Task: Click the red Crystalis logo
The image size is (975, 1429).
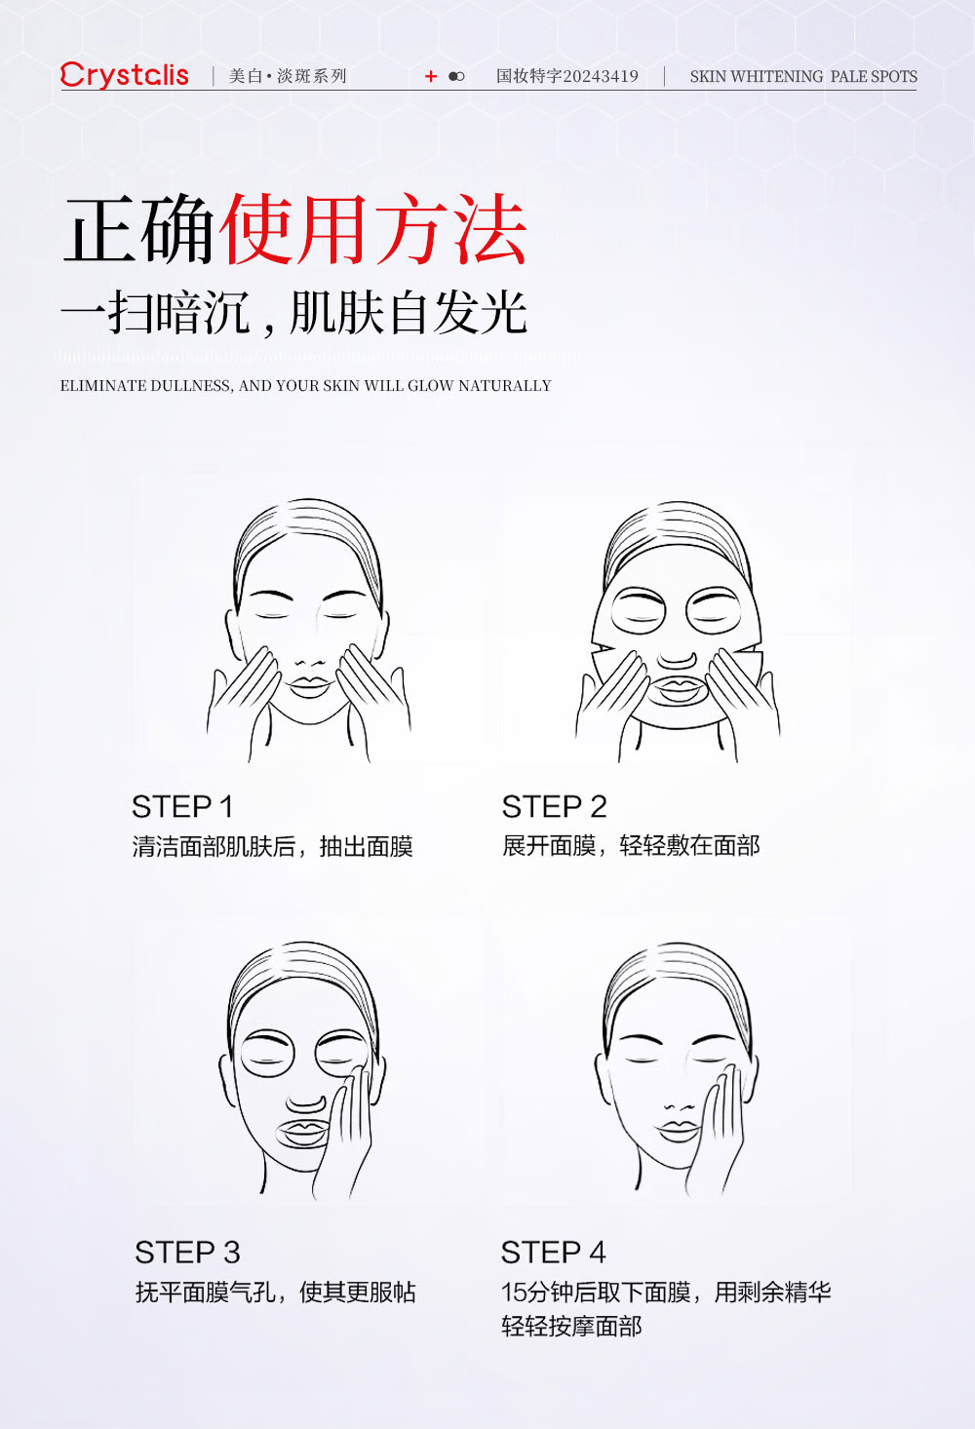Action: click(125, 75)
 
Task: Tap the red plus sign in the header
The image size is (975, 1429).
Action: click(431, 77)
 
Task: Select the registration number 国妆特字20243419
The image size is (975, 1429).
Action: click(567, 77)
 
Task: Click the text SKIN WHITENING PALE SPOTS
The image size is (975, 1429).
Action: click(803, 77)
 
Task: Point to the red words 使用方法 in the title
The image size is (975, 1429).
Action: click(374, 230)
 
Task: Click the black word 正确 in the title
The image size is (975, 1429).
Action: click(138, 230)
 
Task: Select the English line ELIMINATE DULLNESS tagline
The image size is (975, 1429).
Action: click(305, 385)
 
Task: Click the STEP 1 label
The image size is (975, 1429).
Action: click(182, 807)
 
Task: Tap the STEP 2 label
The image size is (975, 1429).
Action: click(554, 807)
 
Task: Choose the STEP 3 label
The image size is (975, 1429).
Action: click(187, 1253)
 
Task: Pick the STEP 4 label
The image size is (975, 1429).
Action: click(553, 1253)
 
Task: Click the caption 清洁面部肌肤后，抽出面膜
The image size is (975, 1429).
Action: click(272, 846)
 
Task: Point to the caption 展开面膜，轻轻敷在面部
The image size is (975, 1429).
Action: click(631, 846)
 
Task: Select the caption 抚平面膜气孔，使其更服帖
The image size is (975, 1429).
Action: click(276, 1293)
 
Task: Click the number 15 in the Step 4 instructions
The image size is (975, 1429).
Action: click(514, 1293)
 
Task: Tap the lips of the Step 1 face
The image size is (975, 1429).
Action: click(309, 686)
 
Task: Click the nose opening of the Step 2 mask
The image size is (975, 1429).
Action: click(677, 659)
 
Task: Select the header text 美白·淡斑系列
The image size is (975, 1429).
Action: click(288, 77)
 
